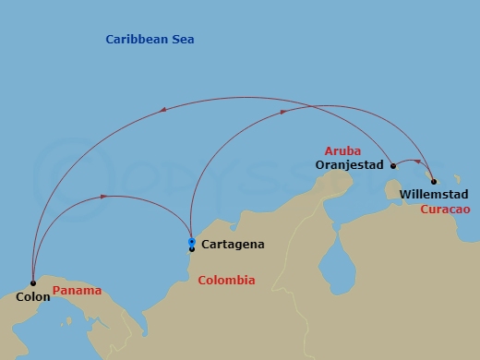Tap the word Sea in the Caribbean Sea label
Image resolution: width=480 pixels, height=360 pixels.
[x=182, y=40]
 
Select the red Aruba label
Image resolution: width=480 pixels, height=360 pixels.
[x=342, y=150]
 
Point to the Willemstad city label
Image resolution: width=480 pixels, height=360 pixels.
[x=434, y=195]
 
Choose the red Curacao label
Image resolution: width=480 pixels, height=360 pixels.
[x=445, y=210]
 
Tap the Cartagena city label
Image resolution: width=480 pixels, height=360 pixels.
[x=233, y=245]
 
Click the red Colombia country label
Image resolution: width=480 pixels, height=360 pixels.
[x=227, y=281]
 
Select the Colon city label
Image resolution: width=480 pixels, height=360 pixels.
[x=32, y=297]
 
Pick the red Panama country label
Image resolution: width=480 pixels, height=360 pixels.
[x=77, y=291]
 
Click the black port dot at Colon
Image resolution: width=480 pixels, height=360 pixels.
[x=33, y=283]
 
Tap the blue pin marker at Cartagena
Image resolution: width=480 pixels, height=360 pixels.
[x=191, y=242]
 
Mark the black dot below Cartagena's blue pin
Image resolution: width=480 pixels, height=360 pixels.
[x=191, y=249]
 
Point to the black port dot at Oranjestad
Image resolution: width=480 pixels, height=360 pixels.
[x=393, y=166]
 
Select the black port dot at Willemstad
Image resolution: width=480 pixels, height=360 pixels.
[x=434, y=182]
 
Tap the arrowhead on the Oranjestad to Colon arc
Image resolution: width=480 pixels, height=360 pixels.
[x=163, y=110]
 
